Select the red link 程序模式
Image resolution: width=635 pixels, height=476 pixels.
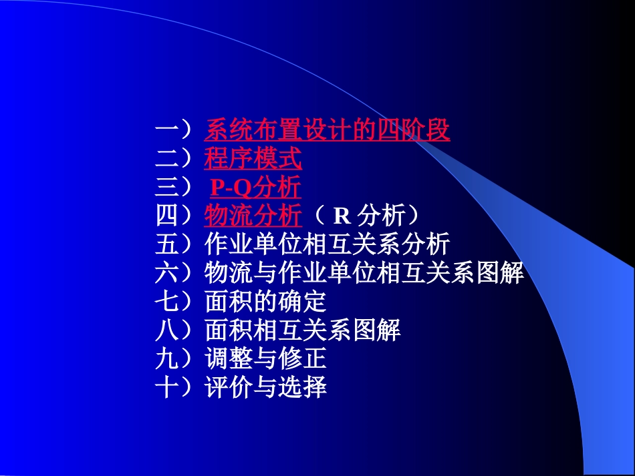253,159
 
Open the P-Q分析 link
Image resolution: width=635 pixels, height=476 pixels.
255,188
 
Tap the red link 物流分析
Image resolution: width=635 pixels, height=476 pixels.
253,216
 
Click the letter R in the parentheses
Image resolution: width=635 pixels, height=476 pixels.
342,216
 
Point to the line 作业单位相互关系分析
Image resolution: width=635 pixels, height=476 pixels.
327,245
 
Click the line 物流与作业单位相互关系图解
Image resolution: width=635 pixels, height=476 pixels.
364,274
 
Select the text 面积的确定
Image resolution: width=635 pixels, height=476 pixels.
265,302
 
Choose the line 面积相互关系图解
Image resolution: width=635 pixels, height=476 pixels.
302,330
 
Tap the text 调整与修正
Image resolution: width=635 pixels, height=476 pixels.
265,359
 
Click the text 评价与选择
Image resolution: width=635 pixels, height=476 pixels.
265,388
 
